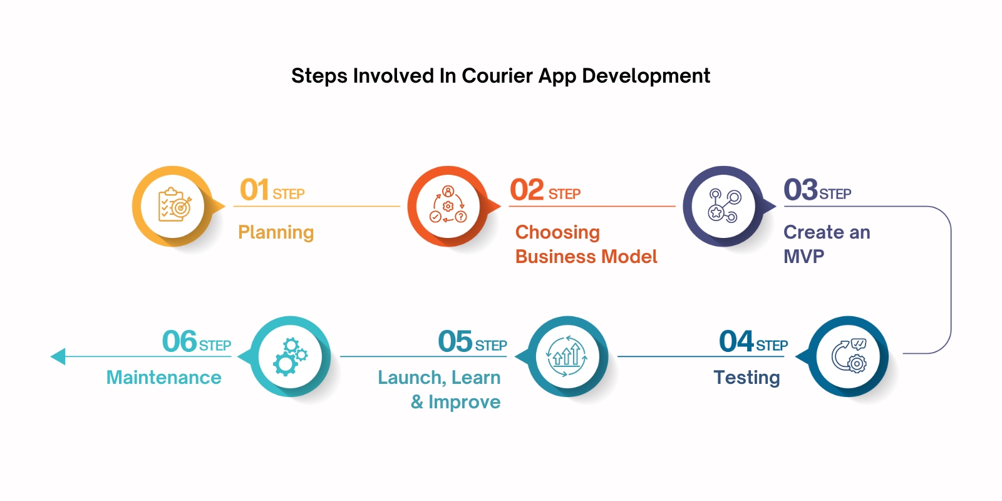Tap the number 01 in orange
[x=254, y=190]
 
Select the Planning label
[x=276, y=232]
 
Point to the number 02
[x=527, y=190]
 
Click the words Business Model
[x=586, y=257]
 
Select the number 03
[x=800, y=190]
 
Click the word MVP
[x=803, y=257]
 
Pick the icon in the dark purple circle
[x=723, y=206]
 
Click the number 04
[x=736, y=341]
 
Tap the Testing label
[x=746, y=378]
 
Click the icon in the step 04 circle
[x=849, y=356]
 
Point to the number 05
[x=455, y=341]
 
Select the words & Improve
[x=455, y=402]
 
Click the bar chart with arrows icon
[x=567, y=356]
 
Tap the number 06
[x=179, y=341]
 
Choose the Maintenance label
[x=163, y=378]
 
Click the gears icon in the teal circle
[x=290, y=356]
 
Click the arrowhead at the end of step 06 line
[x=58, y=356]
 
